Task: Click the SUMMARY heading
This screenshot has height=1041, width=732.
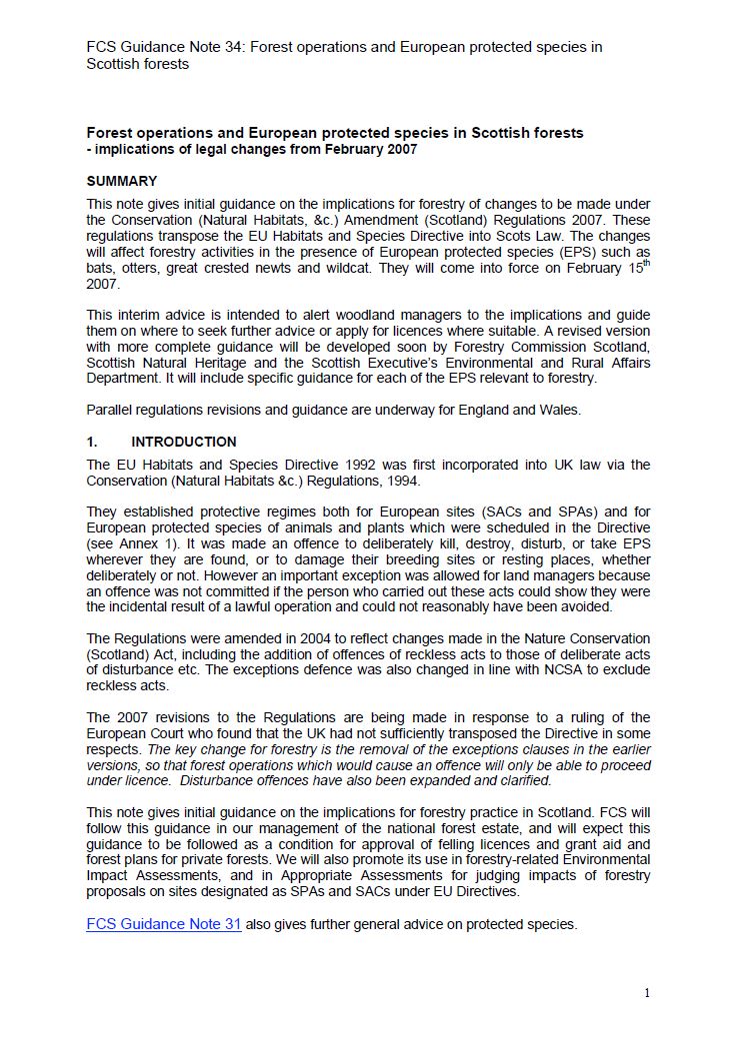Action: click(x=122, y=182)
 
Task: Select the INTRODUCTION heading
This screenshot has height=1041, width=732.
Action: click(x=184, y=442)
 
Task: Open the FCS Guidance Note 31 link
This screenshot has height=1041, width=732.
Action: click(x=164, y=924)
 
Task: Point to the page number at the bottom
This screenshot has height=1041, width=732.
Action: click(x=647, y=992)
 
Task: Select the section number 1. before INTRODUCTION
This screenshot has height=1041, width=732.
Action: click(x=92, y=442)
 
